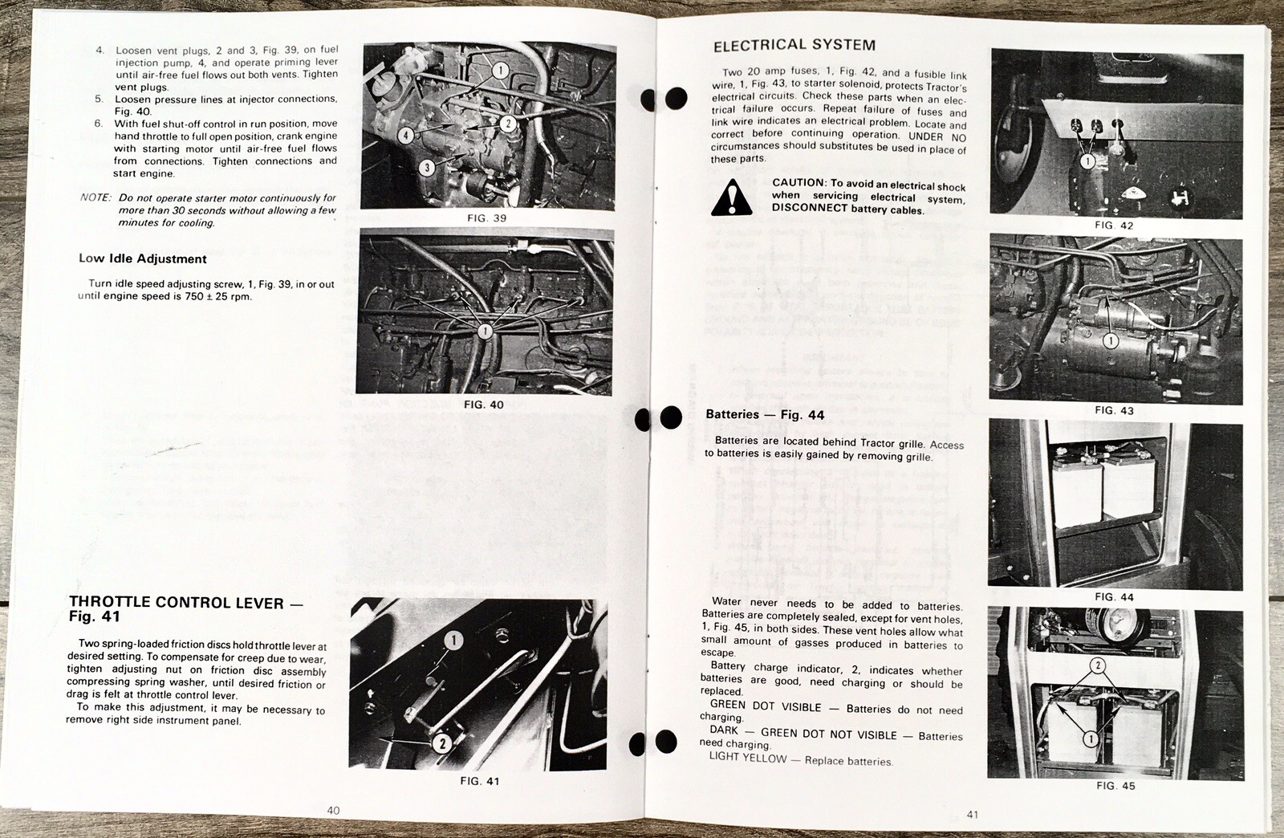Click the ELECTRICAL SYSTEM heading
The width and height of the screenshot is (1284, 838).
794,46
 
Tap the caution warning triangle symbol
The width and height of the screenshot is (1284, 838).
731,198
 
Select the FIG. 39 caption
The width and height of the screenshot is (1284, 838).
486,218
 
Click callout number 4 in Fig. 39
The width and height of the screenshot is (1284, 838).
406,135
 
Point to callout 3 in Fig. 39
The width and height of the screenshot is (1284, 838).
427,167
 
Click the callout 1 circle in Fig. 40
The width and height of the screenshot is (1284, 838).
485,331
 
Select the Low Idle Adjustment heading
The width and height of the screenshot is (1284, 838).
142,258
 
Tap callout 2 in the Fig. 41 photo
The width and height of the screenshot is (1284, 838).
441,743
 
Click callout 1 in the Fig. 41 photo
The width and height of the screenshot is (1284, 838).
453,640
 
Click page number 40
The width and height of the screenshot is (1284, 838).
333,810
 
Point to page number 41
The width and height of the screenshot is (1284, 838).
972,815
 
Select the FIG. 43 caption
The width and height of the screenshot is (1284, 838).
1114,410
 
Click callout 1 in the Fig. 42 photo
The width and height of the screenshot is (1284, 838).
1087,161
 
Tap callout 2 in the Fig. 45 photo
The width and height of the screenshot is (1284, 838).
1098,665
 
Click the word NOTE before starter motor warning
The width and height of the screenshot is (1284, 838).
95,197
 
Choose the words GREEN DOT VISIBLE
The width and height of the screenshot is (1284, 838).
766,706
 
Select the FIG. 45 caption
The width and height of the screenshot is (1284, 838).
1115,786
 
